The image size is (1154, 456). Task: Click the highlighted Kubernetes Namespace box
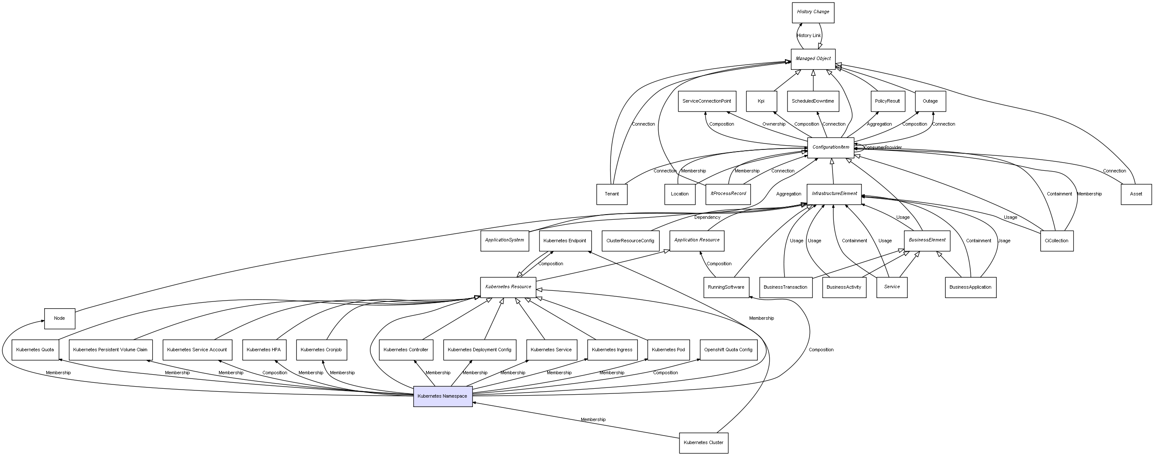(443, 396)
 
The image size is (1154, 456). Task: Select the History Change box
(813, 12)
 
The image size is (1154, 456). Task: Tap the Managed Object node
(813, 59)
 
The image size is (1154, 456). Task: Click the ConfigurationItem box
(830, 147)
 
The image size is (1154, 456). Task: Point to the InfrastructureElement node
(834, 194)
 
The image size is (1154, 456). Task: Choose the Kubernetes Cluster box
(703, 443)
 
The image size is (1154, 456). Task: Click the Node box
(59, 318)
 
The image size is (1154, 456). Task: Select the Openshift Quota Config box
(728, 350)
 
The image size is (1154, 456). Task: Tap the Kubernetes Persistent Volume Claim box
(110, 350)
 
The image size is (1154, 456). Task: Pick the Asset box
(1136, 194)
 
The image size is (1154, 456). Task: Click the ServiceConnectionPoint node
(706, 101)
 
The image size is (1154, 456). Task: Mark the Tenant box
(611, 194)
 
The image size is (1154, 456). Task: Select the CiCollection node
(1056, 241)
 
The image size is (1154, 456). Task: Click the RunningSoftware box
(726, 287)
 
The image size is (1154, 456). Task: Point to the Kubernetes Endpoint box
(565, 241)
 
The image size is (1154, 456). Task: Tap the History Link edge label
(809, 35)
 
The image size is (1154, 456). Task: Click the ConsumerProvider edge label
(883, 147)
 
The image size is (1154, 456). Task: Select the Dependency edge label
(708, 218)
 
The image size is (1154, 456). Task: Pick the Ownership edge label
(774, 124)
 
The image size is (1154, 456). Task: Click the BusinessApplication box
(970, 287)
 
